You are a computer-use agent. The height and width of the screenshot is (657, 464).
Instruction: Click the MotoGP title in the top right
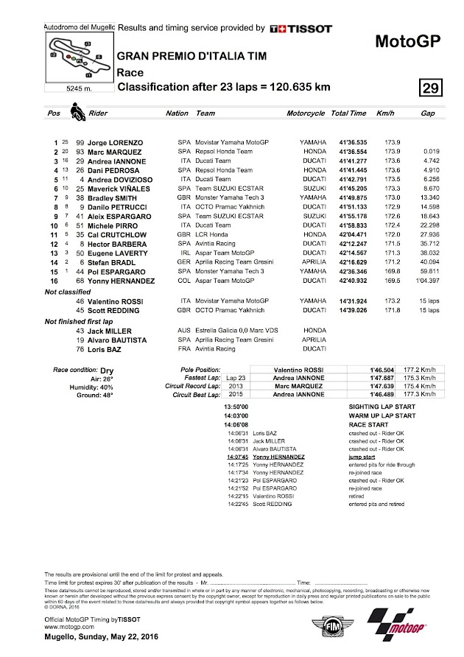412,41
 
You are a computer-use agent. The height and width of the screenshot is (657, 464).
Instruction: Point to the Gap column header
427,113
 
